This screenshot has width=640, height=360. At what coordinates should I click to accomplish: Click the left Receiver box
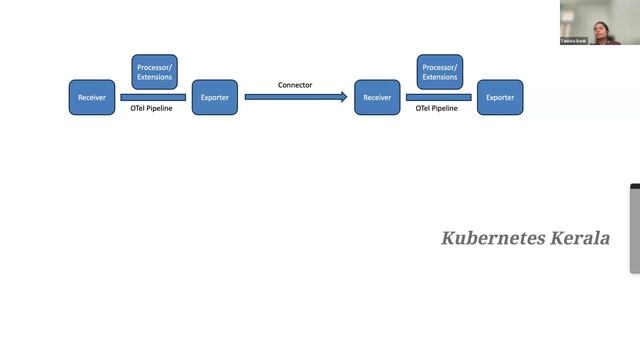click(x=92, y=97)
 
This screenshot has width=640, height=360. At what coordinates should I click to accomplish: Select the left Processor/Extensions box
click(x=155, y=72)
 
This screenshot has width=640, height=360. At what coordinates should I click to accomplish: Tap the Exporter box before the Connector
click(x=214, y=97)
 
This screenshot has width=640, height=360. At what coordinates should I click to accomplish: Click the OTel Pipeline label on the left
click(x=152, y=108)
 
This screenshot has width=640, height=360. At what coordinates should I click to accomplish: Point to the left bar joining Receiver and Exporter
click(x=153, y=97)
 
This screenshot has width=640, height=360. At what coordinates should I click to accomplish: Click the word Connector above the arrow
click(x=295, y=85)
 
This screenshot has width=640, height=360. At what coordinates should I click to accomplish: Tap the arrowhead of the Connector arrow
click(x=343, y=97)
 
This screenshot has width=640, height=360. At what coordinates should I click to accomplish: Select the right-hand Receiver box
click(x=377, y=97)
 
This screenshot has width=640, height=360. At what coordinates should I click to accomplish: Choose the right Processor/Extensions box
click(x=440, y=72)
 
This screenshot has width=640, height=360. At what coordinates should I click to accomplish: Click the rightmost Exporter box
click(x=500, y=97)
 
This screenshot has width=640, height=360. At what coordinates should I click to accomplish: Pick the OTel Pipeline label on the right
click(x=437, y=108)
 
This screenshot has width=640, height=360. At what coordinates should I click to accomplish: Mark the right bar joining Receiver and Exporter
click(x=440, y=97)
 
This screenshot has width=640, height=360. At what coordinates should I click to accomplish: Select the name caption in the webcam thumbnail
click(x=574, y=41)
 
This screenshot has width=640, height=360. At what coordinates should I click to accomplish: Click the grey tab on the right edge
click(x=635, y=229)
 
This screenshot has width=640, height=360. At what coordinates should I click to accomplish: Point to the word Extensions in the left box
click(x=155, y=77)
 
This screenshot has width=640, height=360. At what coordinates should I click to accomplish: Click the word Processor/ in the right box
click(x=440, y=66)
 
